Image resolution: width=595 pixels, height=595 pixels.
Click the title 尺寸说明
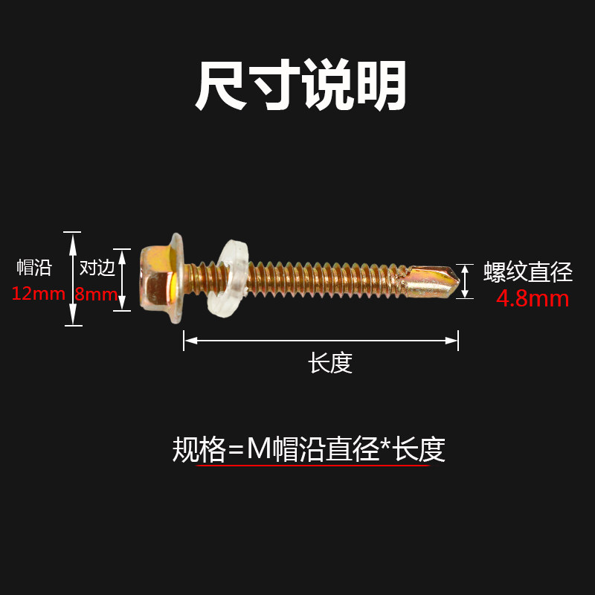click(x=300, y=86)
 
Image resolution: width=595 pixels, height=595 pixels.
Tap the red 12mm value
click(x=38, y=293)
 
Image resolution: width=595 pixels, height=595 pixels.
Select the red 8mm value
click(x=95, y=293)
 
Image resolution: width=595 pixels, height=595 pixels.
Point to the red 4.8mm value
click(x=533, y=299)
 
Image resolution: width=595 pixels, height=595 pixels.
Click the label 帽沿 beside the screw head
click(x=34, y=268)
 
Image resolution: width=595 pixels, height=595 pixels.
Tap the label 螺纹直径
click(x=528, y=272)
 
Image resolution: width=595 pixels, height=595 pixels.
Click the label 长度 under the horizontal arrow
click(x=330, y=363)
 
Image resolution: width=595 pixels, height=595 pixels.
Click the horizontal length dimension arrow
click(x=321, y=341)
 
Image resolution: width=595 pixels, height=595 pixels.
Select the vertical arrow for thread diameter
click(x=465, y=281)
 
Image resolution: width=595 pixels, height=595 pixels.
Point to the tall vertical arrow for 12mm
click(x=72, y=278)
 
